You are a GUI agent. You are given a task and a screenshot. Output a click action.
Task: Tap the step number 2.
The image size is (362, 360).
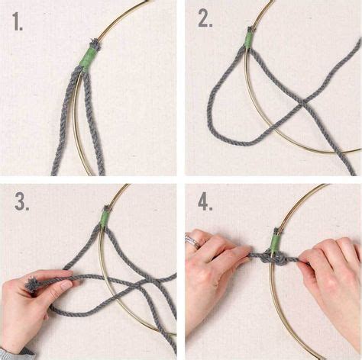205,19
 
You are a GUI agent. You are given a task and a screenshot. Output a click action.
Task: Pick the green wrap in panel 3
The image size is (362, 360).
105,219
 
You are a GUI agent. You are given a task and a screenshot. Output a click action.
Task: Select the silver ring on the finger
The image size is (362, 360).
194,242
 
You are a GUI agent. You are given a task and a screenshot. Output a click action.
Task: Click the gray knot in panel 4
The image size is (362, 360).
273,260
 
